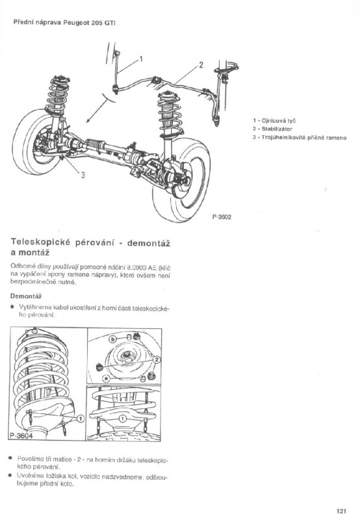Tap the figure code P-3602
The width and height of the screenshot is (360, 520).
[x=222, y=217]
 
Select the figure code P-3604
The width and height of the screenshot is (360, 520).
[x=21, y=435]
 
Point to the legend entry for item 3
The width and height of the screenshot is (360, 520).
[x=300, y=137]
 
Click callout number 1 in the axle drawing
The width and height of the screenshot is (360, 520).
[x=141, y=59]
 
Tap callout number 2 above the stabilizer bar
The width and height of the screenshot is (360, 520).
[x=201, y=64]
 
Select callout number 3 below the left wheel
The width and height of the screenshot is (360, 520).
[x=83, y=175]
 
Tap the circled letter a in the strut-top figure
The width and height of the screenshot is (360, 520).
[x=106, y=378]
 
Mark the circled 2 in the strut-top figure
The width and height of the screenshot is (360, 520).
[x=157, y=360]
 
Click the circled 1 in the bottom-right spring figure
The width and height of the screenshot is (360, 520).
[x=122, y=419]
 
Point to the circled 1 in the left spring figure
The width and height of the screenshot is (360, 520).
[x=80, y=419]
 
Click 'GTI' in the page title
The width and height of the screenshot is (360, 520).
[x=110, y=23]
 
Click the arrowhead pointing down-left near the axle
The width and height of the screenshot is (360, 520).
[x=88, y=121]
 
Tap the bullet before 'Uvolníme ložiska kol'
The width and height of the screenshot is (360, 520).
[x=10, y=476]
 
